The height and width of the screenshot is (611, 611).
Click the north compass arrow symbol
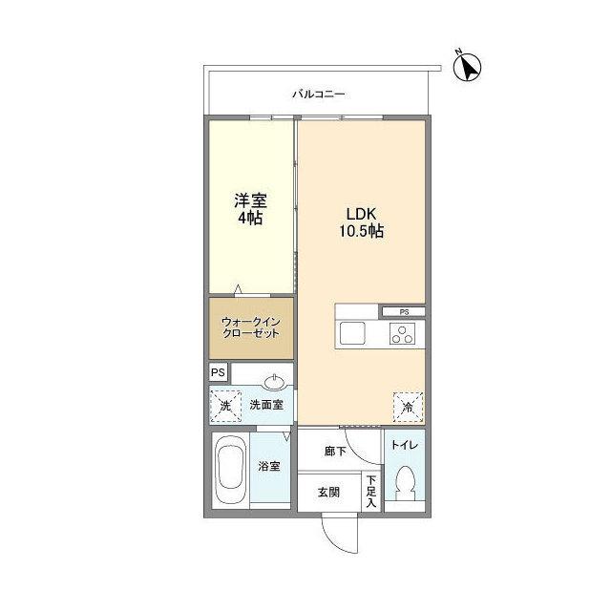(467, 67)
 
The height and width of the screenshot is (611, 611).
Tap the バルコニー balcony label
(319, 95)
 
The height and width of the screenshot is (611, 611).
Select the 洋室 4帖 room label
(250, 209)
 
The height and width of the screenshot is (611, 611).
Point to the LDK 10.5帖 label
(361, 222)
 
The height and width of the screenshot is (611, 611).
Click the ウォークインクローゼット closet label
(250, 327)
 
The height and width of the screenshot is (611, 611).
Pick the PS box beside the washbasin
(219, 372)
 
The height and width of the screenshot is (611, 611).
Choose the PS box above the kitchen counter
(404, 312)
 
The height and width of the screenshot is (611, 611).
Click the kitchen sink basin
(352, 333)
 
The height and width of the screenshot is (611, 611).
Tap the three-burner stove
(402, 333)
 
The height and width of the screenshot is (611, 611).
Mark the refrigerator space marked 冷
(408, 408)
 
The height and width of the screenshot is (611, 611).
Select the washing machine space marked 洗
(225, 406)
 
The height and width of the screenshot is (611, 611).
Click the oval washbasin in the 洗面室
(276, 382)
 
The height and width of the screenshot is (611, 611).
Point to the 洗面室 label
(266, 405)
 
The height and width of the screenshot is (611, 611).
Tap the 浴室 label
(269, 466)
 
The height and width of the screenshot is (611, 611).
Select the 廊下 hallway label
(335, 452)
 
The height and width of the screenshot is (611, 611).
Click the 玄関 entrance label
(328, 493)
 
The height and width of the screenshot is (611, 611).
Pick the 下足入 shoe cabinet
(371, 492)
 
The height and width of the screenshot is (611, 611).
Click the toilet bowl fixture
(405, 482)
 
